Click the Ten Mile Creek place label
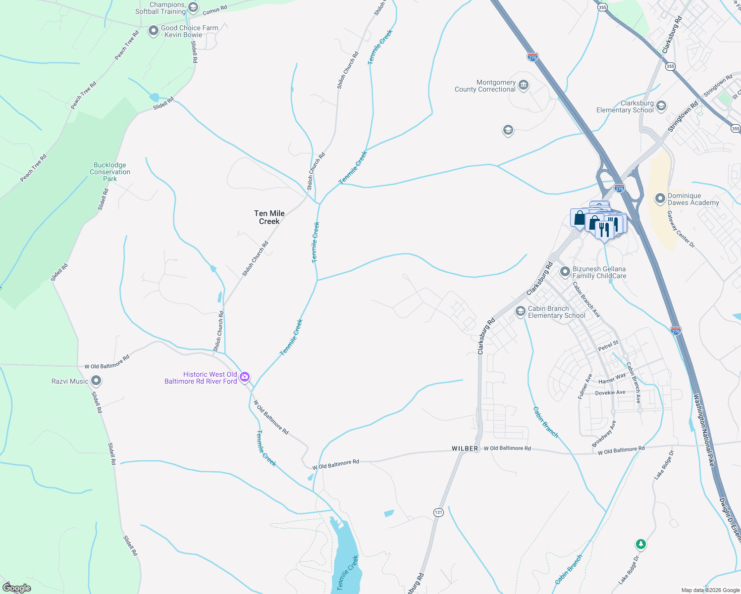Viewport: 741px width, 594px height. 269,217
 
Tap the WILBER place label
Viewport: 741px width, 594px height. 465,448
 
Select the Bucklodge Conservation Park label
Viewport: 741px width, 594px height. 110,172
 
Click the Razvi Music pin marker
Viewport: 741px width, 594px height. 97,381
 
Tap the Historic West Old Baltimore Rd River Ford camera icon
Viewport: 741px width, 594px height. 245,378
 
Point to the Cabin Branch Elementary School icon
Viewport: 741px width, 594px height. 520,311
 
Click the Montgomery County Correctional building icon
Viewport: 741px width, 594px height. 524,86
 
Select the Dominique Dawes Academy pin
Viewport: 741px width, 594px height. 660,199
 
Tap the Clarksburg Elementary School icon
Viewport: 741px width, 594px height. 661,106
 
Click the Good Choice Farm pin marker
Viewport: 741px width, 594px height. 154,31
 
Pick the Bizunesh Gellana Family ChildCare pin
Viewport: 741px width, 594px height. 565,272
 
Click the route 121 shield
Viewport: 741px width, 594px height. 438,512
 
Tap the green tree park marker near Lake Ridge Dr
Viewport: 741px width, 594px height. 641,544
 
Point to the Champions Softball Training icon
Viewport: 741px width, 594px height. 193,7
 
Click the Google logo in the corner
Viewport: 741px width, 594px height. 17,588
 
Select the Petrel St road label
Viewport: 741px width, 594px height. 608,346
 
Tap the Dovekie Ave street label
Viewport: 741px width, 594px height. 610,393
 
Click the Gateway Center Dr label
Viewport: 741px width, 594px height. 681,229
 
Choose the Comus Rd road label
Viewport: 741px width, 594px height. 214,10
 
